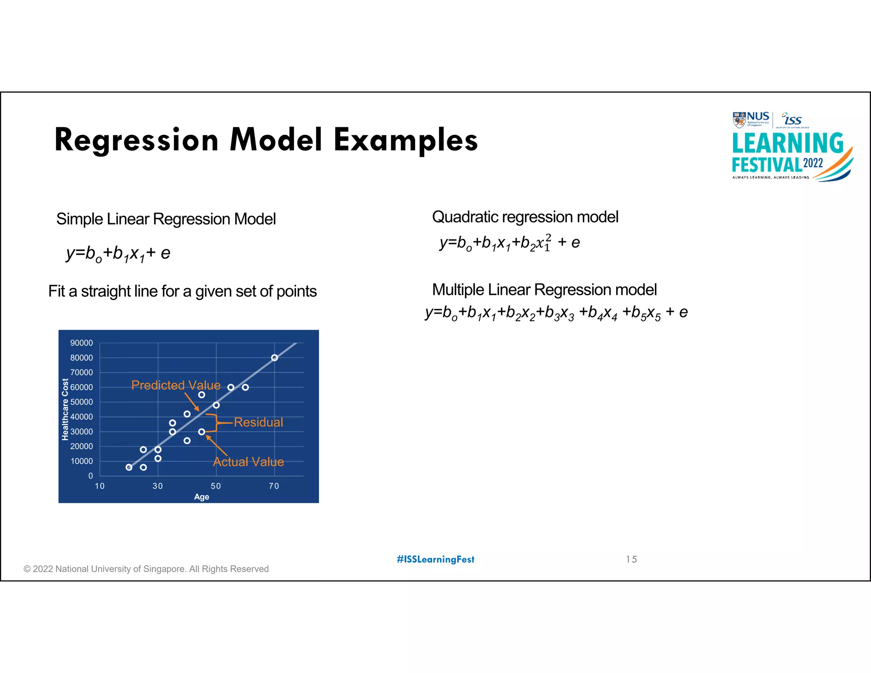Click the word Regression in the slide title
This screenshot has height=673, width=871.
(x=136, y=141)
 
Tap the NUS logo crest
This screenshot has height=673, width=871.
(x=739, y=120)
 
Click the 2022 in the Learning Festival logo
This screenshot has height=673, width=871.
(x=813, y=163)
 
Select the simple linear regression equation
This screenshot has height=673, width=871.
(x=118, y=254)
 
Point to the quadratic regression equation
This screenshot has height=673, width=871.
(x=510, y=243)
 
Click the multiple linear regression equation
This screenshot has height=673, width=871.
(x=556, y=313)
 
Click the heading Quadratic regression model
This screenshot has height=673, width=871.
(x=525, y=217)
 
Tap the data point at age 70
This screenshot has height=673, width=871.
(x=275, y=358)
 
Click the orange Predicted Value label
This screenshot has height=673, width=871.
(x=176, y=385)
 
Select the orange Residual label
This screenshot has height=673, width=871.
(x=258, y=422)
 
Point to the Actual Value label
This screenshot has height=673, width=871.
(x=248, y=462)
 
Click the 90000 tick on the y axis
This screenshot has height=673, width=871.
(x=81, y=343)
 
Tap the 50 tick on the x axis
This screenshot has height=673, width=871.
(x=216, y=486)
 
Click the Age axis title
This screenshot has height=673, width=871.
(x=202, y=497)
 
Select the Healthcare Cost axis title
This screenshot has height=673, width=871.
(x=65, y=409)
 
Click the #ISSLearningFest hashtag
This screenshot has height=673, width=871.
(x=435, y=559)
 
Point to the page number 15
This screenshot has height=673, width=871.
(x=631, y=559)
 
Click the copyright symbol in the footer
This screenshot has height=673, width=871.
(x=27, y=569)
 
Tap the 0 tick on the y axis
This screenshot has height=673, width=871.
(x=90, y=476)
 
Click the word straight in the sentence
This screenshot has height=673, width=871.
(x=105, y=291)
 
